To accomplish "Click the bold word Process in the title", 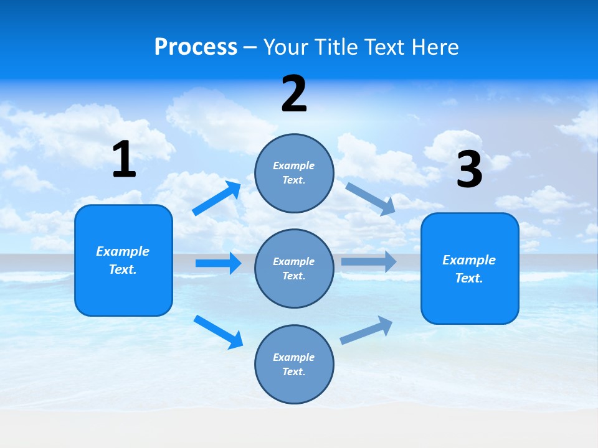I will coord(196,47).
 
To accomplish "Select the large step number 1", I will coord(124,160).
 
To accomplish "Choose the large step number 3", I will coord(469,170).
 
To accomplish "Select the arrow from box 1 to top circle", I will coord(217,198).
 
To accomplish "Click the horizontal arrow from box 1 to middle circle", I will coord(218,263).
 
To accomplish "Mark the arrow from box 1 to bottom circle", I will coord(219,332).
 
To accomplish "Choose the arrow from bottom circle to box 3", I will coord(367,330).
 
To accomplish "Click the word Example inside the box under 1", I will coord(123,251).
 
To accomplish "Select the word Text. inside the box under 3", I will coord(469,278).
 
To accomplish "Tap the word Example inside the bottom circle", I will coord(294,357).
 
